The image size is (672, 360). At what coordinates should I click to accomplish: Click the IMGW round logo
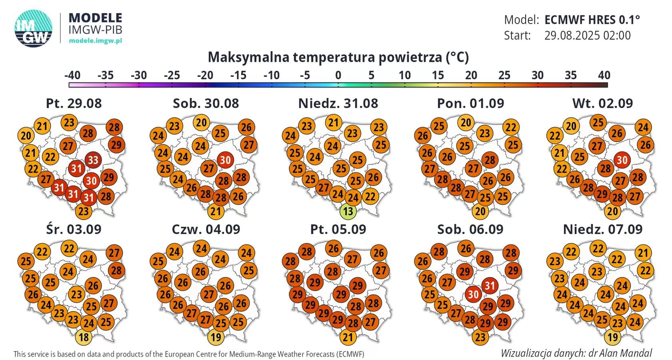click(x=34, y=28)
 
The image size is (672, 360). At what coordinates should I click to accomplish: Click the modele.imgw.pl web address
click(x=96, y=40)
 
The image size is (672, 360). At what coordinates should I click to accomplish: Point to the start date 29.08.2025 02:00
click(x=587, y=36)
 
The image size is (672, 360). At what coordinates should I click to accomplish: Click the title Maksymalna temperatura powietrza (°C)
click(x=338, y=57)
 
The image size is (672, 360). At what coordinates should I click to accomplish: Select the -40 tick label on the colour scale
click(x=72, y=75)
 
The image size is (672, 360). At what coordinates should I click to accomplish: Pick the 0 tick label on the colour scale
click(x=338, y=75)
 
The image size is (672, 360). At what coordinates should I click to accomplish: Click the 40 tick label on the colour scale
click(x=604, y=75)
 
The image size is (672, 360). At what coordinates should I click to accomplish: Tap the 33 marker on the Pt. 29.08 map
click(x=93, y=160)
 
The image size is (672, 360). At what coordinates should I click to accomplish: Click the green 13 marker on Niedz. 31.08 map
click(x=348, y=211)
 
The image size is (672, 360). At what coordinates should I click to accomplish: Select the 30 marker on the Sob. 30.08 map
click(x=225, y=160)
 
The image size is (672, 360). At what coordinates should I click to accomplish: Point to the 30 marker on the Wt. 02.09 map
click(x=622, y=160)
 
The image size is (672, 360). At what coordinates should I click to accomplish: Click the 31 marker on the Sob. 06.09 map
click(x=490, y=286)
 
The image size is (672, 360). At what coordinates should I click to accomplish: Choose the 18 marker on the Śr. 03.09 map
click(x=83, y=337)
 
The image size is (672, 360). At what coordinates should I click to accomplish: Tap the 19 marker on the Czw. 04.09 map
click(x=215, y=337)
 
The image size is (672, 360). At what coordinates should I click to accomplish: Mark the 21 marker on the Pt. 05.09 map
click(x=348, y=337)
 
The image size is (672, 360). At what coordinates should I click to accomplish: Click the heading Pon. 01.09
click(x=470, y=103)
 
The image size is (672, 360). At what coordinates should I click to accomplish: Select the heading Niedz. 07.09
click(x=602, y=229)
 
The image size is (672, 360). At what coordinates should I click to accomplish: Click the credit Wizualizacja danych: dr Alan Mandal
click(x=576, y=353)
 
